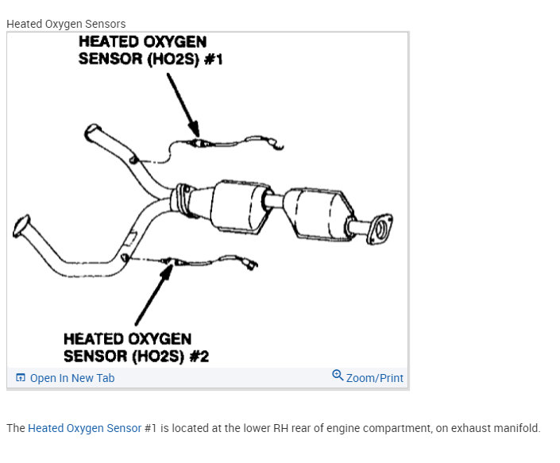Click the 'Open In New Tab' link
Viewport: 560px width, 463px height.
71,378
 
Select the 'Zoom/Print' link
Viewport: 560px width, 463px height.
374,378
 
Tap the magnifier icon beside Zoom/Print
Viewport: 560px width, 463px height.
338,376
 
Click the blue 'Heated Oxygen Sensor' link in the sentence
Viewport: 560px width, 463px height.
84,428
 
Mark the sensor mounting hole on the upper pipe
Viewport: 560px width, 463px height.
134,161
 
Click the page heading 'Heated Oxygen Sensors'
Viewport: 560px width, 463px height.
66,24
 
